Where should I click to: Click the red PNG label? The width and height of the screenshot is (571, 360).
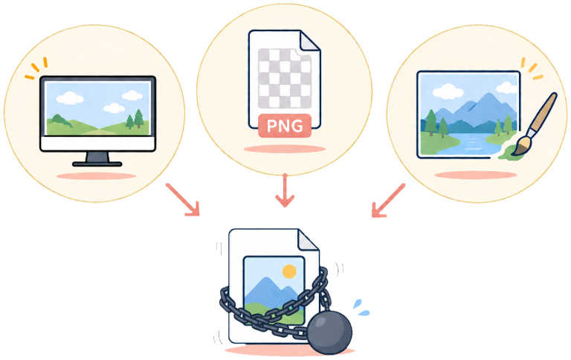285,126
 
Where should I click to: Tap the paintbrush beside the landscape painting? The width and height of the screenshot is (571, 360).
535,124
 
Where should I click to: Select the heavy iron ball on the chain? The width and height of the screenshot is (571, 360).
329,332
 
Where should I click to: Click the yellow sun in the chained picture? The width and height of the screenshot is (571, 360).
289,271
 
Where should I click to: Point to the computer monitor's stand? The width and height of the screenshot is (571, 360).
97,159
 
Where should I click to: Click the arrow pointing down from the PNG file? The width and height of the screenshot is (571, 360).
285,190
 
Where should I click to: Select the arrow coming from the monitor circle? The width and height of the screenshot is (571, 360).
183,199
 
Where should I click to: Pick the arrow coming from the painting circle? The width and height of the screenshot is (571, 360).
388,200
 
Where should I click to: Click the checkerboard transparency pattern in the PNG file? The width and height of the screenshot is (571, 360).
285,78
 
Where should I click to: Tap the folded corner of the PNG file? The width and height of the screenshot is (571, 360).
310,40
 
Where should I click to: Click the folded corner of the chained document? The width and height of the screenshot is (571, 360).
309,240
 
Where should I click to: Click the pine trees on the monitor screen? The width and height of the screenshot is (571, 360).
135,119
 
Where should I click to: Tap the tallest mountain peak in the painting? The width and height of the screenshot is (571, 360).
488,94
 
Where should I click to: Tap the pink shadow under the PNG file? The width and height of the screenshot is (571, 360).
285,149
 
